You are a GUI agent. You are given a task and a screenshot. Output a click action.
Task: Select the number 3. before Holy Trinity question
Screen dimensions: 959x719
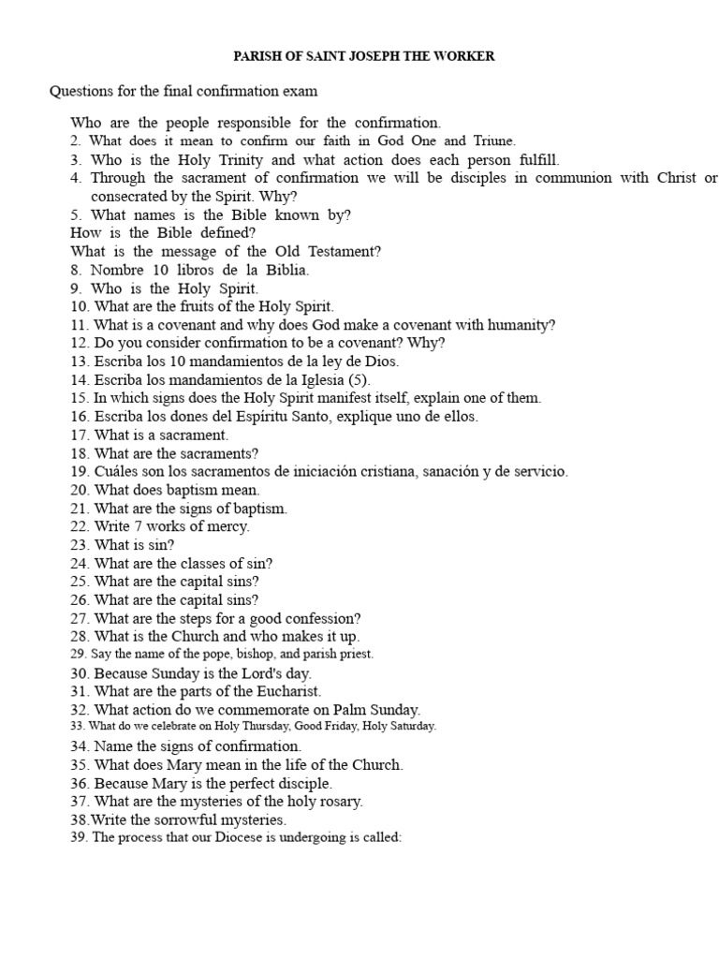pos(76,160)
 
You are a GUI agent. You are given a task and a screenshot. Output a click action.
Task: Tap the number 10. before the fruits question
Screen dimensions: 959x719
pos(80,306)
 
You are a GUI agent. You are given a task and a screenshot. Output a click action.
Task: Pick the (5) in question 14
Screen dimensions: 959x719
pos(359,380)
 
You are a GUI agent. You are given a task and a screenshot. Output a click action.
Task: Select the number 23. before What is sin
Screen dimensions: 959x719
pos(80,545)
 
